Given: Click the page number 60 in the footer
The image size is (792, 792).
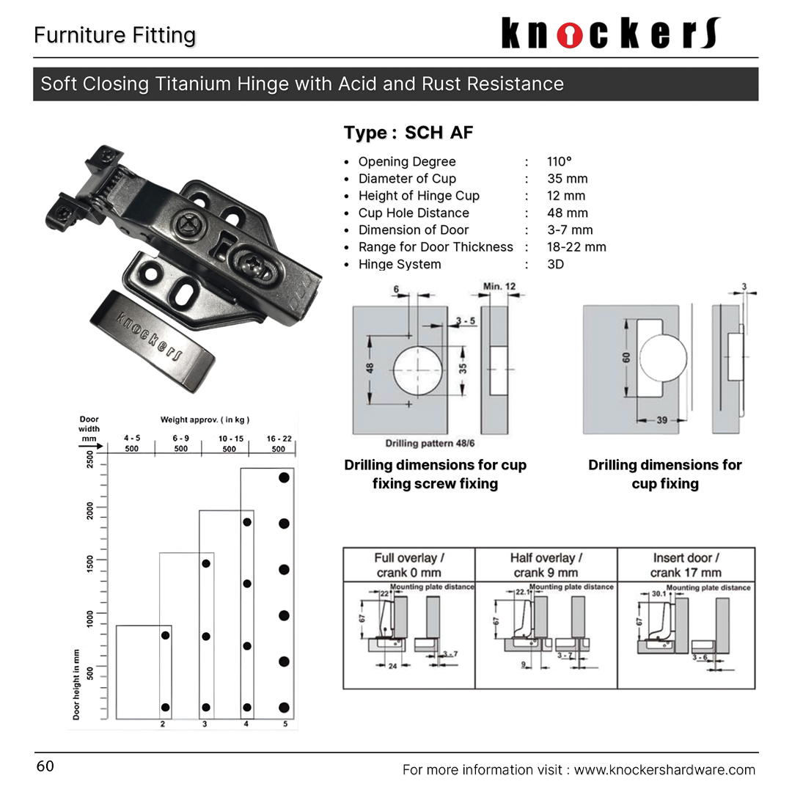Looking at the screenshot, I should tap(45, 766).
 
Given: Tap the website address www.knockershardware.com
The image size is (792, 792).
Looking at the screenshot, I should tap(664, 769).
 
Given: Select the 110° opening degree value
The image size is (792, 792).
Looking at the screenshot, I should tap(559, 162).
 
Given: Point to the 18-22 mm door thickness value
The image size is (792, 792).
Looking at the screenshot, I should tap(576, 247).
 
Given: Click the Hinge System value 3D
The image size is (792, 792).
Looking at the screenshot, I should tap(555, 264).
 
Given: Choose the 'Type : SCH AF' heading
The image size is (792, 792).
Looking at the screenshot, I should tap(408, 133).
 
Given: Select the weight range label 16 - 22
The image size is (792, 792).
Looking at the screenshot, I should tap(279, 439).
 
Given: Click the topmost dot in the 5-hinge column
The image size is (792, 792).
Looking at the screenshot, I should tap(284, 477).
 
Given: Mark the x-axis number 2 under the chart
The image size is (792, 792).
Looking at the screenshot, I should tap(163, 725).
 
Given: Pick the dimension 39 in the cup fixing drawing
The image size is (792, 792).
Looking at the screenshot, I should tap(662, 421).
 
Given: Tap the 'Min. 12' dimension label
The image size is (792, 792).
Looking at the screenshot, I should tap(499, 286).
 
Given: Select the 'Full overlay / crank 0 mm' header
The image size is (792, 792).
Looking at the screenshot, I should tap(408, 565).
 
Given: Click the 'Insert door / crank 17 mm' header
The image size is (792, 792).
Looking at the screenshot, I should tap(686, 565).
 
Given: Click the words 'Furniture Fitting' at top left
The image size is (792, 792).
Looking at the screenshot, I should tap(115, 35).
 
